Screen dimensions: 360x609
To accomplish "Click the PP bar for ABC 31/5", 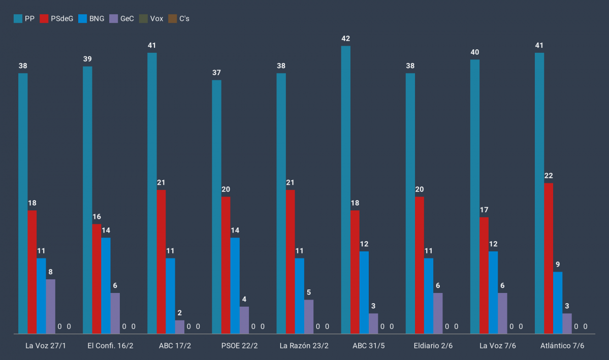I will click(x=346, y=190).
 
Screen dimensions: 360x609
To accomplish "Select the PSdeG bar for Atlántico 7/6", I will click(x=549, y=258).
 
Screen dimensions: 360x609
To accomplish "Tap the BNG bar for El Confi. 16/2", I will click(x=106, y=286).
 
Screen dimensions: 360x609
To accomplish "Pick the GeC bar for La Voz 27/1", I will click(x=50, y=306).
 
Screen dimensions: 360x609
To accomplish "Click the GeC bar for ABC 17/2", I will click(x=180, y=327).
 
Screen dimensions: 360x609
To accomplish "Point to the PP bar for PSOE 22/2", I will click(x=216, y=207).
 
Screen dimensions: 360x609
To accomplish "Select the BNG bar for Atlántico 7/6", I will click(x=558, y=303).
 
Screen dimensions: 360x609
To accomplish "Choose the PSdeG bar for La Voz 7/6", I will click(x=484, y=275).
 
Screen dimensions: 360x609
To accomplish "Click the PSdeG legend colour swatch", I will click(x=44, y=19).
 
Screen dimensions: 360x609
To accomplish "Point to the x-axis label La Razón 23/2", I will click(x=304, y=346).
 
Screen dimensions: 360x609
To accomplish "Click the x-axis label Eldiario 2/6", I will click(x=433, y=346).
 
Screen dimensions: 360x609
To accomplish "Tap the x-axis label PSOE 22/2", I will click(x=239, y=346).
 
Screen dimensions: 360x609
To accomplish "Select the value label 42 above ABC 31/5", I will click(x=346, y=39).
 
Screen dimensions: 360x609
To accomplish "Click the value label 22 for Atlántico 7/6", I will click(x=549, y=176).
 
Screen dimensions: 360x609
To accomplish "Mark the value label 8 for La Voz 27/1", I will click(x=50, y=272).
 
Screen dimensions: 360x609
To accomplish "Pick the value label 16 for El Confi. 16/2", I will click(x=97, y=217).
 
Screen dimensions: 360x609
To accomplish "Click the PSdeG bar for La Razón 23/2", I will click(x=291, y=261).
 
